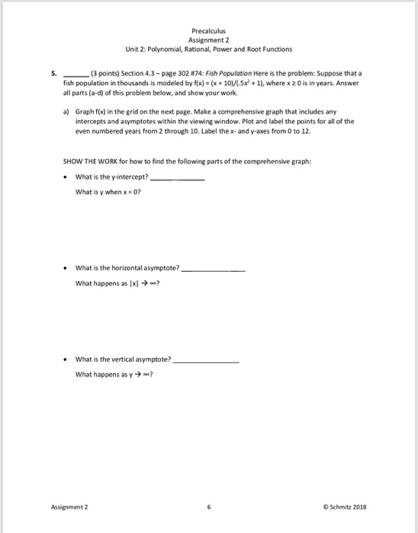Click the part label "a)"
[66, 111]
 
